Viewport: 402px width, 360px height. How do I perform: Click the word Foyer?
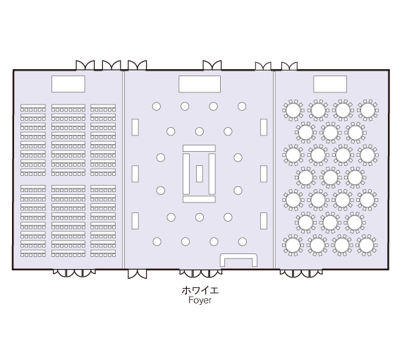click(200, 300)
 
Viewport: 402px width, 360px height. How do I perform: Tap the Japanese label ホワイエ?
click(200, 290)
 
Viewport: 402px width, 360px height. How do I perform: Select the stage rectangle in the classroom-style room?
click(68, 84)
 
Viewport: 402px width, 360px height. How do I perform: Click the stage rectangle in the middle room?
click(200, 84)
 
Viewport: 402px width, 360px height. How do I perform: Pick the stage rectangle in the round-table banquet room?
click(330, 84)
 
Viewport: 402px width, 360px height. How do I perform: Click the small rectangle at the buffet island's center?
click(199, 174)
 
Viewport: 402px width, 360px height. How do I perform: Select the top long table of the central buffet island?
click(199, 148)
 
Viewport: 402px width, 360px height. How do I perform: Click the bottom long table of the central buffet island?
click(199, 199)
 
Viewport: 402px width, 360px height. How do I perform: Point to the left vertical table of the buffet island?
click(186, 174)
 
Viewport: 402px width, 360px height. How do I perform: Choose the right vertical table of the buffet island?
click(212, 174)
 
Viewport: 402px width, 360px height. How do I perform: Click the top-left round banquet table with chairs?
click(293, 110)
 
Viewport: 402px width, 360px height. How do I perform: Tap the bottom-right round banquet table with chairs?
click(366, 245)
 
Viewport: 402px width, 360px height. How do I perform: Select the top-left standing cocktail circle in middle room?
click(157, 106)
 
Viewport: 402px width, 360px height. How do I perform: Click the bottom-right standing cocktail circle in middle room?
click(243, 241)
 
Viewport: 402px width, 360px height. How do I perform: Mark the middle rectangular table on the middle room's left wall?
click(135, 174)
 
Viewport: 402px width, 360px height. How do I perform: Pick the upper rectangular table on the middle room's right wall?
click(264, 127)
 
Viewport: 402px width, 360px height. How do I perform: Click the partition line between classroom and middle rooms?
click(123, 169)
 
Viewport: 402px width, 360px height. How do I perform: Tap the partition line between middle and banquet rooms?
click(274, 169)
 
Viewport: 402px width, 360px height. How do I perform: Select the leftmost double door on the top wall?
click(85, 65)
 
